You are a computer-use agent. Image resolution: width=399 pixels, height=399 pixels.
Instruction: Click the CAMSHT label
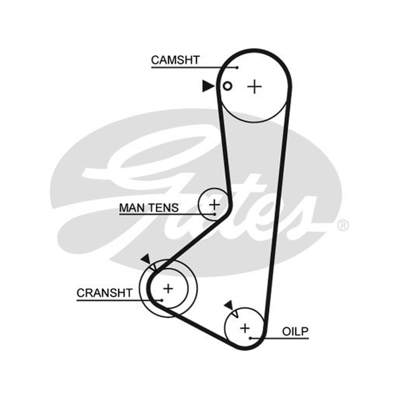pyautogui.click(x=176, y=60)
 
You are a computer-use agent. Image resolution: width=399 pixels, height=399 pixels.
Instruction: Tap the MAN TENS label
pyautogui.click(x=149, y=207)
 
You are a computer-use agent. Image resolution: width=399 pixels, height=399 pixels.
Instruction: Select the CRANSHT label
pyautogui.click(x=105, y=293)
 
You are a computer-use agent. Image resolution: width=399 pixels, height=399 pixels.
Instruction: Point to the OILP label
pyautogui.click(x=295, y=331)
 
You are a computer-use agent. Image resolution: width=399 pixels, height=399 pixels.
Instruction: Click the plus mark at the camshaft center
pyautogui.click(x=254, y=87)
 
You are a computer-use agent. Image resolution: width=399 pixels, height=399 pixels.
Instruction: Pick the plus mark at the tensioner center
pyautogui.click(x=214, y=204)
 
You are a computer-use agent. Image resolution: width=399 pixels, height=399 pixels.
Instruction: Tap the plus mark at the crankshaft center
pyautogui.click(x=168, y=289)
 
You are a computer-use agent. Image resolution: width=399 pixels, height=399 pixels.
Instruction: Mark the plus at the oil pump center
pyautogui.click(x=245, y=328)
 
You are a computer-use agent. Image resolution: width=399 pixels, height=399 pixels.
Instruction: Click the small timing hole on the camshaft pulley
pyautogui.click(x=227, y=86)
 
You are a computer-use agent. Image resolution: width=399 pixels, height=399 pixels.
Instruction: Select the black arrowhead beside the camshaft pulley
pyautogui.click(x=208, y=86)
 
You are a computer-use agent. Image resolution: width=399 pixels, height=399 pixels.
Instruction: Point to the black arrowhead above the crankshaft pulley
pyautogui.click(x=146, y=259)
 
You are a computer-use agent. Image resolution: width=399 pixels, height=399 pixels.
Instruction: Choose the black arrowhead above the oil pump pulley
pyautogui.click(x=229, y=305)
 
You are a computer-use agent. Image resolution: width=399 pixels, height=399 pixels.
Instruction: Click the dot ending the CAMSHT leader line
pyautogui.click(x=237, y=68)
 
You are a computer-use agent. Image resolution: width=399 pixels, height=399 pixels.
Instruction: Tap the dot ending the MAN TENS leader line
pyautogui.click(x=214, y=214)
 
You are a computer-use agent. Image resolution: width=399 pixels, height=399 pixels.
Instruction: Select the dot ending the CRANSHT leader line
pyautogui.click(x=162, y=300)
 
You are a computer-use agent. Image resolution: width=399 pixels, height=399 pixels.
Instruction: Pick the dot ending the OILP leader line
pyautogui.click(x=250, y=339)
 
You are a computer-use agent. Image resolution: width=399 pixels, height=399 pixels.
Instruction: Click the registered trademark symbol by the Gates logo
pyautogui.click(x=343, y=225)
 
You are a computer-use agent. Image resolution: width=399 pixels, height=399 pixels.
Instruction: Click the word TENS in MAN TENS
pyautogui.click(x=164, y=207)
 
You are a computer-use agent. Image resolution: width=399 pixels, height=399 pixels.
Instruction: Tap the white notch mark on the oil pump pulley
pyautogui.click(x=235, y=313)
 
